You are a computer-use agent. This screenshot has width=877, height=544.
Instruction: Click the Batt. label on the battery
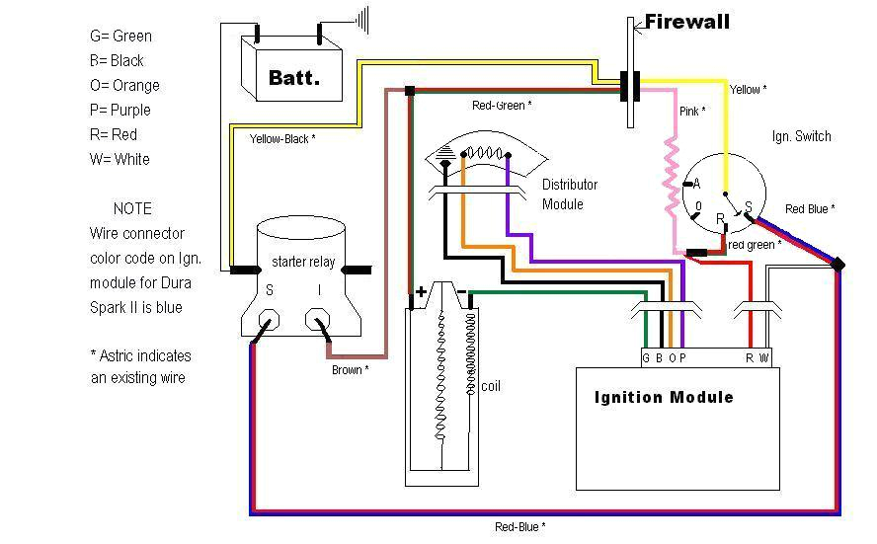pos(293,77)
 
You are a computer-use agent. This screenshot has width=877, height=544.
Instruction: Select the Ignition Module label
pos(664,398)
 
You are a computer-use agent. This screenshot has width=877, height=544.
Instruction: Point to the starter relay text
pos(303,263)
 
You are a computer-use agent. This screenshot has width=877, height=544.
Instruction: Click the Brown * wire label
pos(350,370)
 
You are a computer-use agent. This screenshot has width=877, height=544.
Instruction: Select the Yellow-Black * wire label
pos(282,139)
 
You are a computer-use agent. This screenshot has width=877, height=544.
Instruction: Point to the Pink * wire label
pos(692,112)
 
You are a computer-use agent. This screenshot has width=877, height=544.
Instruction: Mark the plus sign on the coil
pos(422,291)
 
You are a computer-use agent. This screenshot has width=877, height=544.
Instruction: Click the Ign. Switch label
pos(801,136)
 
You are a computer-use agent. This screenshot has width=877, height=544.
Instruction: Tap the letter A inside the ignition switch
pos(696,184)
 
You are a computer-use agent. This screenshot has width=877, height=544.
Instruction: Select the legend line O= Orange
pos(124,85)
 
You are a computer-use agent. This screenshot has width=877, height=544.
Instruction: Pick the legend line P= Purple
pos(120,110)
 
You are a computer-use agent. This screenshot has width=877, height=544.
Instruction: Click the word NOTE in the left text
pos(132,208)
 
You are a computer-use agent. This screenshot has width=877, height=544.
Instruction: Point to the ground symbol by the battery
pos(362,19)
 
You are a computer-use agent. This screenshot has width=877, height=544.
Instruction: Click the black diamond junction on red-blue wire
pos(838,265)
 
